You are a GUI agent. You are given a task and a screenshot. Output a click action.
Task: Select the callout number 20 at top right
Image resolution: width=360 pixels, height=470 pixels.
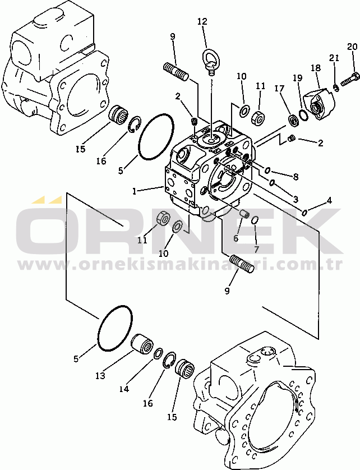point(353,47)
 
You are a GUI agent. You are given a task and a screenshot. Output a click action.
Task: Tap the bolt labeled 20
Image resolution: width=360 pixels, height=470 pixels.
point(350,79)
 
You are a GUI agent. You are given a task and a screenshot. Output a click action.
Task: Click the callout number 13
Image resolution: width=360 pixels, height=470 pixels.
point(100,376)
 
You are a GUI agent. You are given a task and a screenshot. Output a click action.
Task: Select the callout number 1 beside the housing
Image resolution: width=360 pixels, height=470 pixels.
point(134,191)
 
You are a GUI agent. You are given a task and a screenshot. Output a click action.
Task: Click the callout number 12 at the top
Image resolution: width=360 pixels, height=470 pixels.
point(202,21)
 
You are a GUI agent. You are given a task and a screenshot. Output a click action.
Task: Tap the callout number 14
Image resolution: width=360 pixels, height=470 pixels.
point(124,389)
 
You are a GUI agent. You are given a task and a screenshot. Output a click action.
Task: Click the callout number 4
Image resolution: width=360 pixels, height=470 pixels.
point(329,200)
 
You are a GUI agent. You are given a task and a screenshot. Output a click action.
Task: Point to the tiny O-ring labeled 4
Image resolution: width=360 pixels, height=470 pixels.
point(304,213)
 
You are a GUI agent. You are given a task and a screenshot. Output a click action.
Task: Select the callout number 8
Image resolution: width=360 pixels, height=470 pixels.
point(296,177)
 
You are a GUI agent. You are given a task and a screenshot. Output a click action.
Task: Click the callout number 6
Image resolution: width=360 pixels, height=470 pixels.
point(236,238)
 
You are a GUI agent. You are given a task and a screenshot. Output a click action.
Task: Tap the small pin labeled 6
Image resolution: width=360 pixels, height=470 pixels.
point(245,214)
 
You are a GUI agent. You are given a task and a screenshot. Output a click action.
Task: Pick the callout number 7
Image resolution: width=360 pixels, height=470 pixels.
point(257,249)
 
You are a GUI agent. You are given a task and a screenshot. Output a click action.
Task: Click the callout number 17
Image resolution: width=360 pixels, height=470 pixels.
point(279,89)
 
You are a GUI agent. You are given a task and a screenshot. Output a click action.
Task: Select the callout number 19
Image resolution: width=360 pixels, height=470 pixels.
point(297,78)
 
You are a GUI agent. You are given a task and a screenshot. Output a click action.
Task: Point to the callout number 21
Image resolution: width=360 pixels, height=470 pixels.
point(334,58)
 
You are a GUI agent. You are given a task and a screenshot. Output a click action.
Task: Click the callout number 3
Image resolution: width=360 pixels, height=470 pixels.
point(296,199)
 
